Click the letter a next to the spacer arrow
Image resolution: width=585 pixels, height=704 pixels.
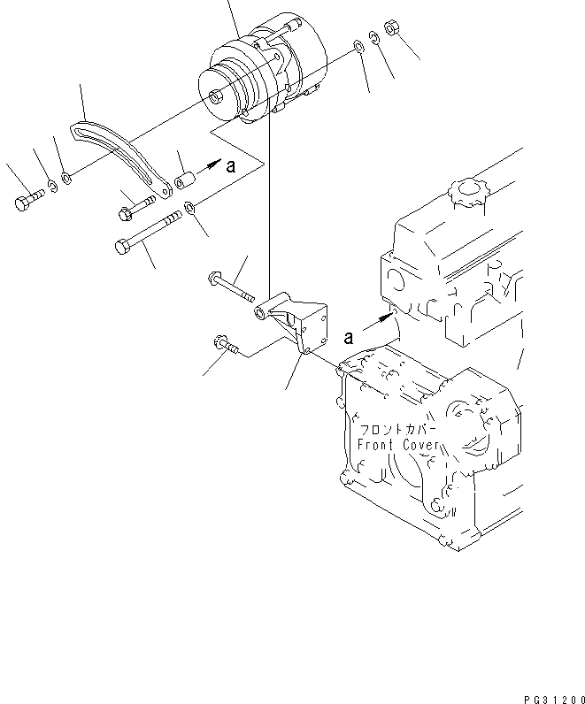click(x=231, y=165)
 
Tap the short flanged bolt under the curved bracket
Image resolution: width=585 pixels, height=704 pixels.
click(x=137, y=210)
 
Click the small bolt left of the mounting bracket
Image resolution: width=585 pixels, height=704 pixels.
click(x=226, y=344)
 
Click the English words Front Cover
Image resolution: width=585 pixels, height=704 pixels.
click(x=397, y=445)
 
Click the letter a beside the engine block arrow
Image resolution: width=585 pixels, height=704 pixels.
click(x=349, y=337)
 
